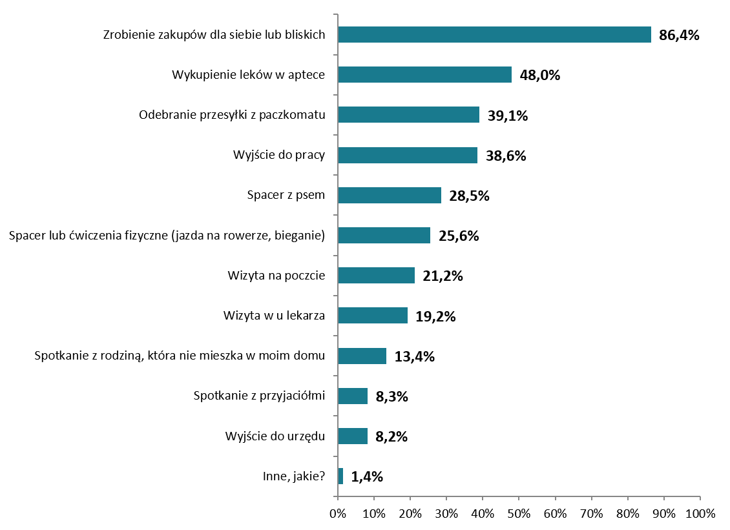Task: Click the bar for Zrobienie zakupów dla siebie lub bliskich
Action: pos(494,35)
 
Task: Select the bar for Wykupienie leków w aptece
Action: pos(424,75)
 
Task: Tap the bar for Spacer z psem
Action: pos(390,196)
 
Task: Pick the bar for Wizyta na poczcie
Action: pos(376,276)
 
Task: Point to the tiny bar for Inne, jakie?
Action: pos(340,476)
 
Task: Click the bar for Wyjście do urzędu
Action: pos(353,436)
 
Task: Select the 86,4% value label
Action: pos(679,36)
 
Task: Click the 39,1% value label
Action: pos(508,116)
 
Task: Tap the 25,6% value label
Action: pos(459,236)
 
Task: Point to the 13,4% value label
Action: pos(414,356)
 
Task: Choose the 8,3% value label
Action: pos(391,396)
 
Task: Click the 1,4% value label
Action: pos(367,477)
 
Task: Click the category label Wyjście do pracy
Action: pos(278,156)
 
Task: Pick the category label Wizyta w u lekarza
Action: pos(273,316)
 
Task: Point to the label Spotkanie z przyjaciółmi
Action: pos(258,396)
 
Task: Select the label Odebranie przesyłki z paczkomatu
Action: pos(231,115)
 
